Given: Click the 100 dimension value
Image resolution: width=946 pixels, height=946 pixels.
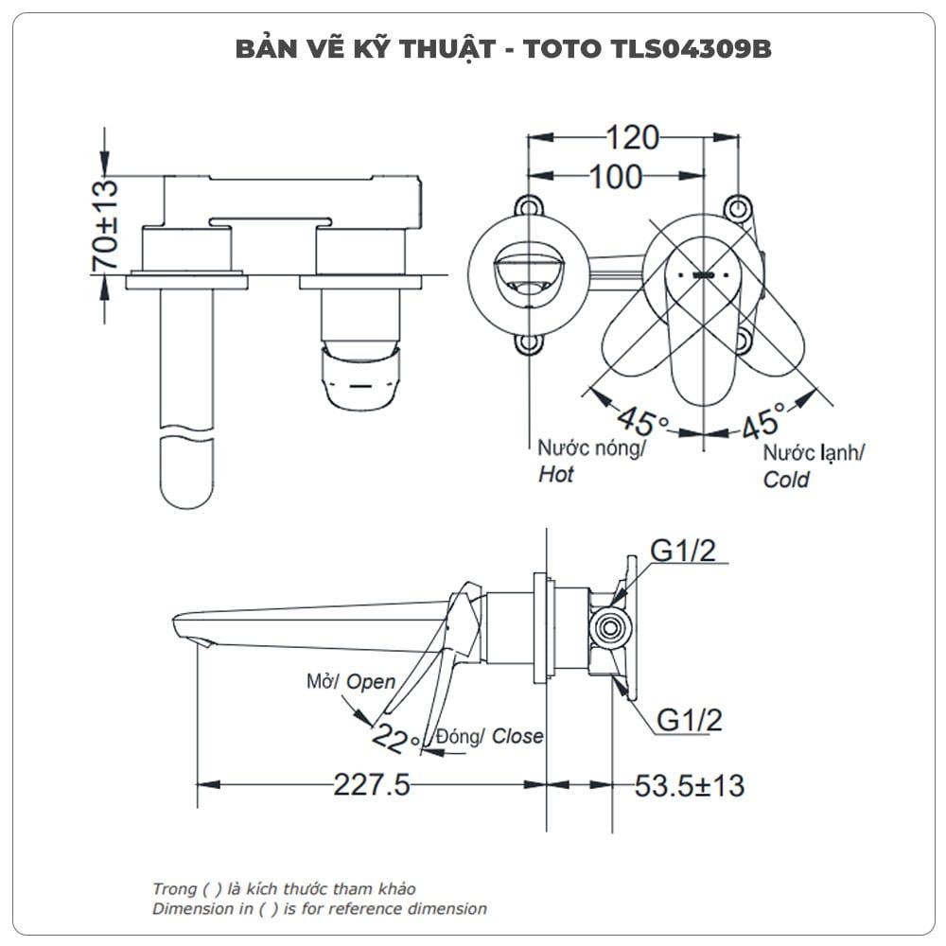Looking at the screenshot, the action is click(x=616, y=178).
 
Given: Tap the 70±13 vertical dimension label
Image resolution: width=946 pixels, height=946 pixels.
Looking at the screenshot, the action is click(x=105, y=224).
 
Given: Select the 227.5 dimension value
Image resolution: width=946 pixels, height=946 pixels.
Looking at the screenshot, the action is click(x=372, y=785).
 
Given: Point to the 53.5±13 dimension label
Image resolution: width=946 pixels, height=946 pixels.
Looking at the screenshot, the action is click(x=689, y=785).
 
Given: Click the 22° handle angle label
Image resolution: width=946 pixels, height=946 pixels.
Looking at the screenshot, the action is click(x=395, y=739).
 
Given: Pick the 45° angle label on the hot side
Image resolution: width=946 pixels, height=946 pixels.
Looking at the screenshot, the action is click(x=642, y=420).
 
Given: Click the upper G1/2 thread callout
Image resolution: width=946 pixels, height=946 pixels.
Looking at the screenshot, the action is click(x=683, y=551).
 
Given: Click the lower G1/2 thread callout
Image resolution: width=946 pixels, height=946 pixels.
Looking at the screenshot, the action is click(x=689, y=720).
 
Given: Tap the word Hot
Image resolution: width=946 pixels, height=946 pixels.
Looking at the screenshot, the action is click(x=555, y=475).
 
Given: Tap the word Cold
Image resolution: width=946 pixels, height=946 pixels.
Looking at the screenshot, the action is click(x=785, y=480).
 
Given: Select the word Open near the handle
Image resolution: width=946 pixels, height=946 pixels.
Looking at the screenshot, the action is click(x=371, y=682).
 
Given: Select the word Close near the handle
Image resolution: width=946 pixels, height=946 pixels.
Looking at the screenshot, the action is click(x=517, y=736).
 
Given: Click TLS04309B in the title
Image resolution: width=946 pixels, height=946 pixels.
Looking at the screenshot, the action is click(x=691, y=49).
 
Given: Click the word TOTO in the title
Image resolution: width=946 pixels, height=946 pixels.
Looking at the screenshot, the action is click(x=562, y=49).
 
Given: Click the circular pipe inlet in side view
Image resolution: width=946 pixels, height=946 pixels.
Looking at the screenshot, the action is click(x=610, y=628).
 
